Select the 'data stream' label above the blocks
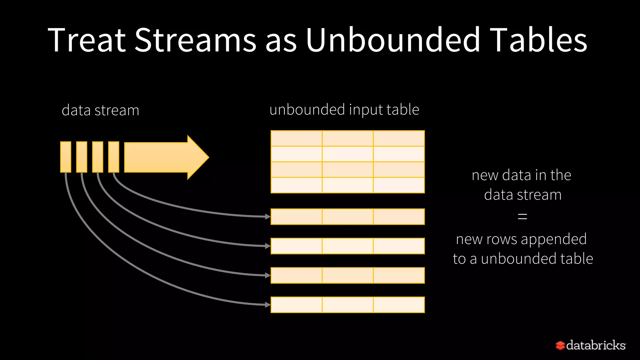coord(100,110)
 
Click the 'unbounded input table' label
coord(344,110)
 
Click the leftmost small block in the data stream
coord(66,157)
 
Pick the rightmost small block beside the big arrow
coord(113,157)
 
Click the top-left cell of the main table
coord(296,138)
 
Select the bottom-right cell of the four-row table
coord(399,185)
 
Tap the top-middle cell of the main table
coord(347,138)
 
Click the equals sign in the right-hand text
coord(522,216)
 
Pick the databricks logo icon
coord(560,345)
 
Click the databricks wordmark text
coord(596,345)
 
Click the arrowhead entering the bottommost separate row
coord(267,305)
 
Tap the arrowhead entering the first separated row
coord(267,217)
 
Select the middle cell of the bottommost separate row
coord(347,305)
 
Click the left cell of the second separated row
coord(296,246)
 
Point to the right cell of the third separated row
coord(399,275)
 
